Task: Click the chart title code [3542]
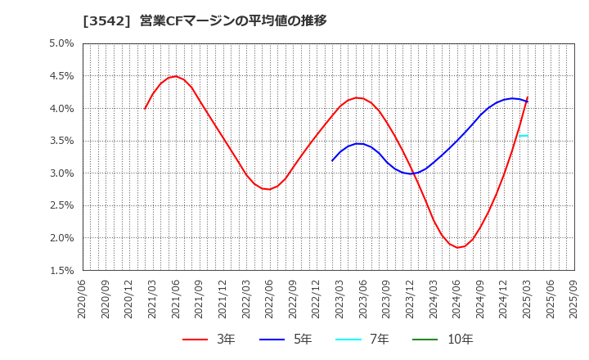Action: [105, 20]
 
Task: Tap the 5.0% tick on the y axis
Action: [62, 43]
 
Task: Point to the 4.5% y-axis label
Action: [62, 76]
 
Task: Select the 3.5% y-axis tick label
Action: [62, 141]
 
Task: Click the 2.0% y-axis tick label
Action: [62, 238]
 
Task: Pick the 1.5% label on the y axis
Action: [62, 271]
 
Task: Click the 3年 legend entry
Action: [209, 340]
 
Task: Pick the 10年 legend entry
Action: [451, 340]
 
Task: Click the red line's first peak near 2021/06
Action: [176, 76]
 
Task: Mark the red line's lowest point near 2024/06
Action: [458, 247]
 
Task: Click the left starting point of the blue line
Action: [332, 160]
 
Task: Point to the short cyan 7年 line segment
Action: [524, 136]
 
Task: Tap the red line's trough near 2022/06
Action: [268, 189]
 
